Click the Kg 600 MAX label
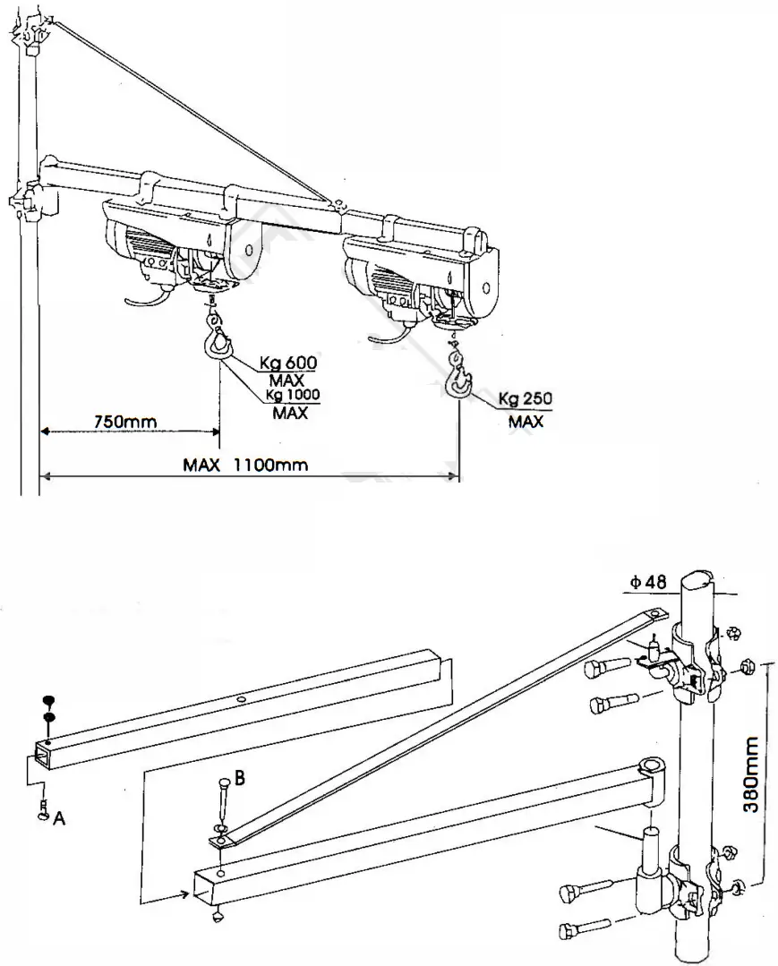point(289,369)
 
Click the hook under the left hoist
point(218,341)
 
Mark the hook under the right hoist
point(458,380)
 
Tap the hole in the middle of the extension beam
point(242,699)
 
